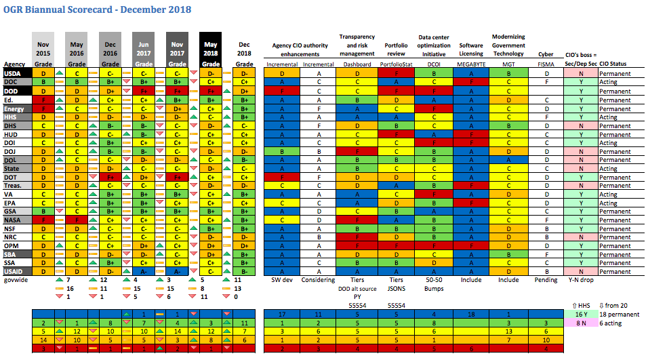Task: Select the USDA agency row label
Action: (x=12, y=73)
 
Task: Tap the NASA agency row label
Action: (x=13, y=220)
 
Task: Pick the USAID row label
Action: (x=14, y=271)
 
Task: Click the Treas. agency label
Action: (x=14, y=186)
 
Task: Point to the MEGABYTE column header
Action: (x=470, y=64)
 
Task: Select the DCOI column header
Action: (x=434, y=64)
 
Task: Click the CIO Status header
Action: (x=613, y=64)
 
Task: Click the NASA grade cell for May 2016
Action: (x=77, y=220)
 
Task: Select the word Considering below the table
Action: (x=319, y=279)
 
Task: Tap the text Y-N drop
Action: (x=580, y=279)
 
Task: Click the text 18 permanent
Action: (x=617, y=314)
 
